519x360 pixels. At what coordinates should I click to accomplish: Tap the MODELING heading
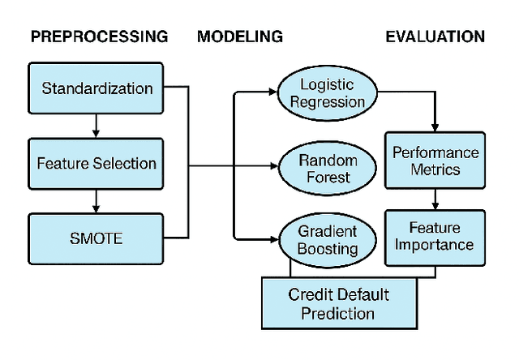(x=239, y=36)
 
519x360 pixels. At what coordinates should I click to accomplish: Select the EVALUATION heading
(x=435, y=36)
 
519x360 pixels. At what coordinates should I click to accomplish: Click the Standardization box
(x=96, y=87)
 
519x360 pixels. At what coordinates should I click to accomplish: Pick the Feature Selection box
(x=96, y=163)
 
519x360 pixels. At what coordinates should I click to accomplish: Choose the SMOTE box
(x=96, y=238)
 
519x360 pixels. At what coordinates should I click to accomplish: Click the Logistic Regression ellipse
(x=328, y=93)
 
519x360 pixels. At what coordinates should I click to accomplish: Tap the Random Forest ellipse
(x=328, y=168)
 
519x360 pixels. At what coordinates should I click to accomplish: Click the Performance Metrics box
(x=435, y=161)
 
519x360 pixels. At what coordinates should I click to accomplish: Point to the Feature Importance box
(x=435, y=237)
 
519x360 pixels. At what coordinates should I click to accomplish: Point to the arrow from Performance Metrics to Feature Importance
(x=435, y=199)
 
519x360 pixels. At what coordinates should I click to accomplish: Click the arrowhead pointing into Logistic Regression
(x=273, y=93)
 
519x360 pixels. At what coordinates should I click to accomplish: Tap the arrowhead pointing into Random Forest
(x=273, y=168)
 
